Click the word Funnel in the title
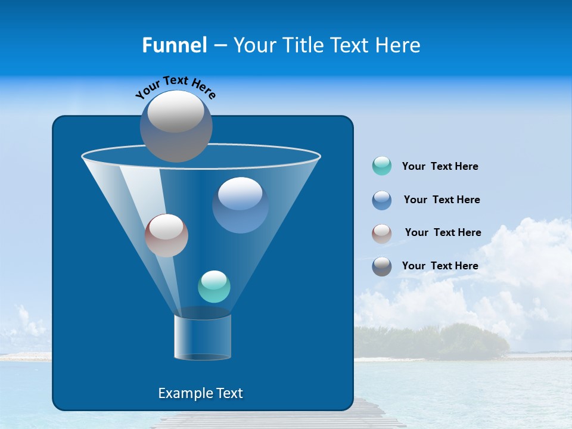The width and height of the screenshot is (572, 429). point(174,45)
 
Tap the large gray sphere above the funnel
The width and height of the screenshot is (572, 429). point(176,126)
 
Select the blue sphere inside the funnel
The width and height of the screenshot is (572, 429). point(240,205)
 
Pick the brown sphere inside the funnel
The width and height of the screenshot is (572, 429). point(166,235)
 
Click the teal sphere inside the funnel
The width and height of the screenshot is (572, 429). point(214,287)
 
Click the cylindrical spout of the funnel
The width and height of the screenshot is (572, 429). point(203,337)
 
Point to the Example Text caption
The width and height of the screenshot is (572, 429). point(201,393)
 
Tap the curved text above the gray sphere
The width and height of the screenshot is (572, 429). point(175,86)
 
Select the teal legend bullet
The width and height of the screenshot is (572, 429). point(382,166)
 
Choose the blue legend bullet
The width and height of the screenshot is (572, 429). point(382,200)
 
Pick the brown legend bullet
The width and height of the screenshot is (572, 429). point(382,233)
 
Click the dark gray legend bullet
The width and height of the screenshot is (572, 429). point(382,266)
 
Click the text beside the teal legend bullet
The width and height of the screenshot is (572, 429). point(440,167)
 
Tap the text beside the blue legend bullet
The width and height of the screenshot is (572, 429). point(442,200)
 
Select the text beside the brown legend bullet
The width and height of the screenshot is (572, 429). point(443,233)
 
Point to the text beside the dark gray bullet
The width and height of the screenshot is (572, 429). point(440,266)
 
